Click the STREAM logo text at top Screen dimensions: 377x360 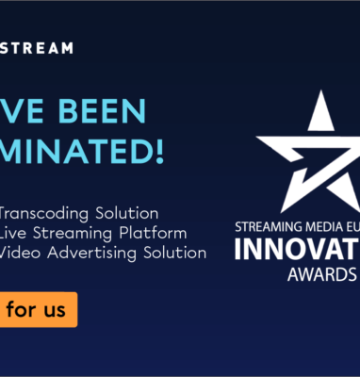pos(37,48)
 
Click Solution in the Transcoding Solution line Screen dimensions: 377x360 pos(128,212)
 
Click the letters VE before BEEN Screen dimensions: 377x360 pos(22,110)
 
